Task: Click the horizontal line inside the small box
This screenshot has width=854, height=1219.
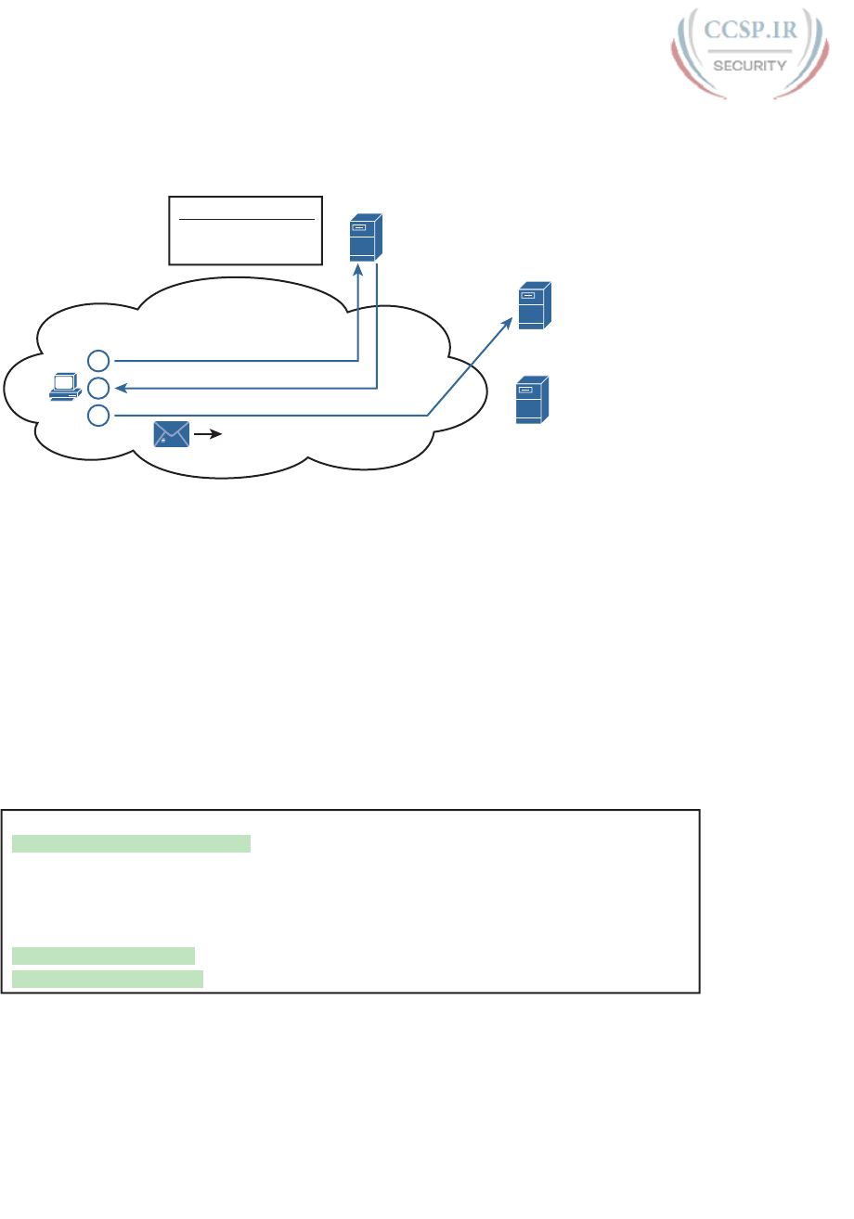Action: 247,219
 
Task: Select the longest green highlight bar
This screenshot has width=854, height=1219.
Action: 131,843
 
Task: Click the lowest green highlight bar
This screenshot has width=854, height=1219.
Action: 107,979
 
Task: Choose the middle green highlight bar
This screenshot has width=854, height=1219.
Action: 103,956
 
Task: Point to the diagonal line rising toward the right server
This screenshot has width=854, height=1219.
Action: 468,368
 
